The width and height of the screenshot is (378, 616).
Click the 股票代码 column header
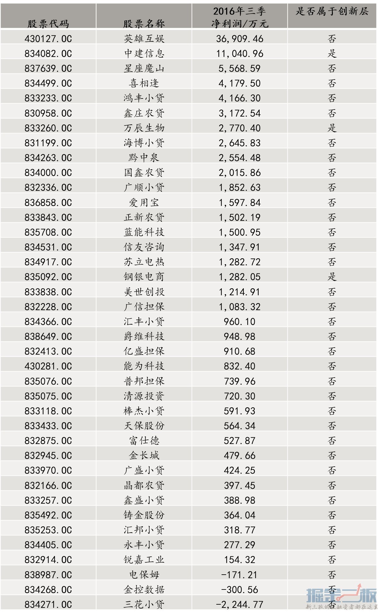48,23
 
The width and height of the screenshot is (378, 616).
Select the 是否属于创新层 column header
332,12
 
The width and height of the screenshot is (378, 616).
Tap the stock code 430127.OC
48,39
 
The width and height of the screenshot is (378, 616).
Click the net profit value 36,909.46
239,39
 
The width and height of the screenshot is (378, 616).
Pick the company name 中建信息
144,53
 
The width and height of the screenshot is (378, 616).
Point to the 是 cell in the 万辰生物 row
332,128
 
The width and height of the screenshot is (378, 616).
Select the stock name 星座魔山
144,68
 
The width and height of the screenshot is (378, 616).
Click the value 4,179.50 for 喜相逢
239,83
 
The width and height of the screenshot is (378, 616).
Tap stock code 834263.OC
48,158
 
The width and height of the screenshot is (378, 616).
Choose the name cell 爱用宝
144,202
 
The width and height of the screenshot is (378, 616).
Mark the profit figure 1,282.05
239,277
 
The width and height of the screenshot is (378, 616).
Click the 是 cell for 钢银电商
332,277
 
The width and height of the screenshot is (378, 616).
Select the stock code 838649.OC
48,337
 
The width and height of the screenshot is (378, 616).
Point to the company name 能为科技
144,366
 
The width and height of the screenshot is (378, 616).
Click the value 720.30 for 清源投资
239,396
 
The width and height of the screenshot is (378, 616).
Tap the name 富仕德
144,441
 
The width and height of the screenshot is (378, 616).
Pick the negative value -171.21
239,575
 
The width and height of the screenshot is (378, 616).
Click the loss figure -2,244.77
239,605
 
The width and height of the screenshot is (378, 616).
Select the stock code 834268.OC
48,590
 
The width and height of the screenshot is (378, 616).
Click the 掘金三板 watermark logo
341,596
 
